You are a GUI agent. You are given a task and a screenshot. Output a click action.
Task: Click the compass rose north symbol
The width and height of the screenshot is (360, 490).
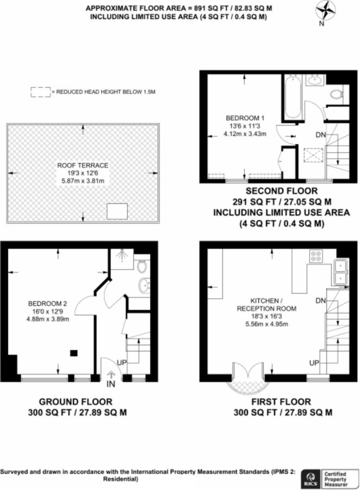325,11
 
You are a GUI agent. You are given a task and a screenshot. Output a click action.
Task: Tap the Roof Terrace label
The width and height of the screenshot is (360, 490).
83,165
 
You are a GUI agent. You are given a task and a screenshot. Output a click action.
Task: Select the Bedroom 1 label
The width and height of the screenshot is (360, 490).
245,118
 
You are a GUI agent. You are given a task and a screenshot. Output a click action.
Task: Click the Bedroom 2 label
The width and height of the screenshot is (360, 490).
47,303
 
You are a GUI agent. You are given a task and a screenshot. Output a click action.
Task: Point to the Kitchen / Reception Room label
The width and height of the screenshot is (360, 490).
266,305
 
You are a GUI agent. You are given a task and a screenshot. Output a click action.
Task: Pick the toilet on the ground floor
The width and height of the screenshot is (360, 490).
142,266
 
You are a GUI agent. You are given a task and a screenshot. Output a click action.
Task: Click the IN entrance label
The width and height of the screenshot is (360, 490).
111,384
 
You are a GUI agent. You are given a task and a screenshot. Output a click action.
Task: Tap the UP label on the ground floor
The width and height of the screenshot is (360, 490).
122,363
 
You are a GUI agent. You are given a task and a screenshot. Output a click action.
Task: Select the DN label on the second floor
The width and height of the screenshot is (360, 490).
321,135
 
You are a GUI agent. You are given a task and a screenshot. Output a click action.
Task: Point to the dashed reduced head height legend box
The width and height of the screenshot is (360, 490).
41,92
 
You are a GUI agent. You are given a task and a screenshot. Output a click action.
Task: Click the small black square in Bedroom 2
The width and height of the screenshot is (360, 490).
74,353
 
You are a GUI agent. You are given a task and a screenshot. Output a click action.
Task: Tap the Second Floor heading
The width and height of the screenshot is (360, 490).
282,191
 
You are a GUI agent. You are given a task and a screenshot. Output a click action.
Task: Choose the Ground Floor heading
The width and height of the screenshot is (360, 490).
75,401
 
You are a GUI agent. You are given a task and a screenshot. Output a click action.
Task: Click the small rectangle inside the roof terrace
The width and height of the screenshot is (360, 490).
117,211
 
